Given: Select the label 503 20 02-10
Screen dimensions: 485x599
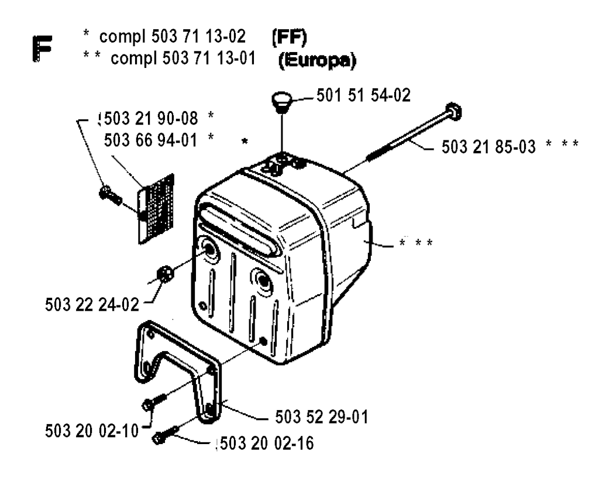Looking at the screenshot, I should point(91,430).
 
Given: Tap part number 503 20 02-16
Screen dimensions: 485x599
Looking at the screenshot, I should point(266,443).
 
